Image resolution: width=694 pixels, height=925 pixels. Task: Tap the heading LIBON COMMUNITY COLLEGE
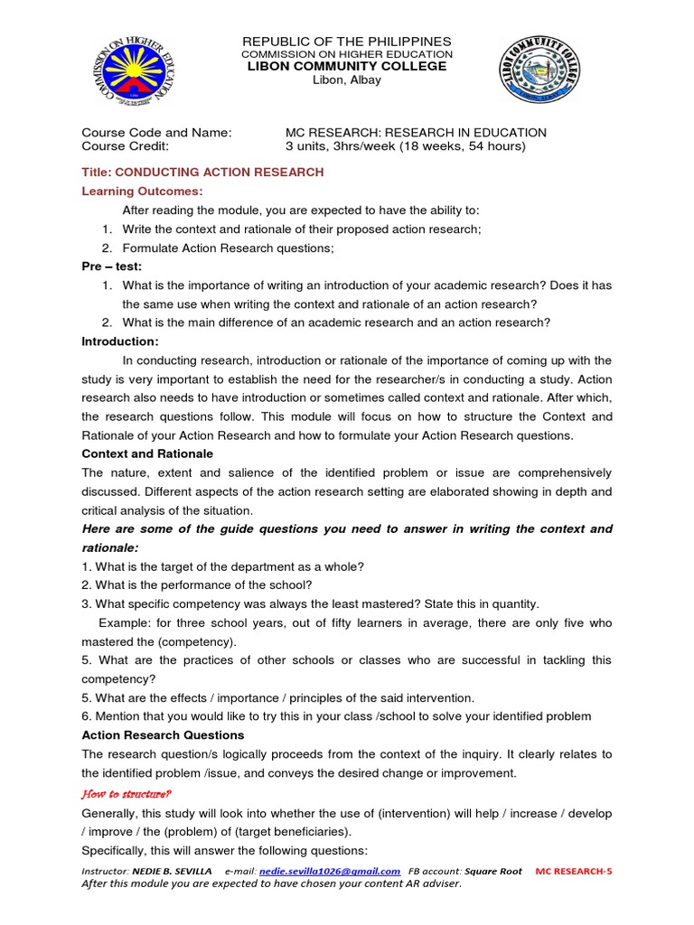click(x=347, y=67)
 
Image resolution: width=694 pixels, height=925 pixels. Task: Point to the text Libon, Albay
click(x=347, y=80)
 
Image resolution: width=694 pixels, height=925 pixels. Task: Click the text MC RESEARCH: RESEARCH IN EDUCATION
click(x=416, y=133)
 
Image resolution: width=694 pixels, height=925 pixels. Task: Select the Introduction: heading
click(x=120, y=341)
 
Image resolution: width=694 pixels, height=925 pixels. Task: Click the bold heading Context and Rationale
click(x=147, y=453)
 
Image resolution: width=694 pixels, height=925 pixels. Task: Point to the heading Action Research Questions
click(x=163, y=736)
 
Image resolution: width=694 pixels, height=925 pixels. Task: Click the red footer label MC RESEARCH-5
click(x=574, y=871)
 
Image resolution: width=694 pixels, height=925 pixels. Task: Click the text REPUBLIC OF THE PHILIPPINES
click(x=347, y=42)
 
